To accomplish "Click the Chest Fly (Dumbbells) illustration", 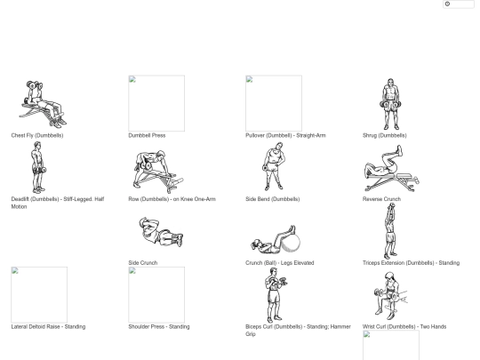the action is pyautogui.click(x=43, y=104).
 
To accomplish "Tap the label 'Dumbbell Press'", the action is pyautogui.click(x=147, y=135).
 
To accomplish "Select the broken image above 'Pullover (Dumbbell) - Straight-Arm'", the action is pyautogui.click(x=274, y=103).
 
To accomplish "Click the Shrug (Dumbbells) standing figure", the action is pyautogui.click(x=390, y=104).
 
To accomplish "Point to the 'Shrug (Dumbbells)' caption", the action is pyautogui.click(x=385, y=135).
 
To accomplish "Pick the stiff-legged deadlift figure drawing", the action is pyautogui.click(x=38, y=167).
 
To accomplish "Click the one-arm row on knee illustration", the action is pyautogui.click(x=158, y=172).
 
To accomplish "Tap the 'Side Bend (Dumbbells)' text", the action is pyautogui.click(x=273, y=199).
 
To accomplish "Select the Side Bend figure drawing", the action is pyautogui.click(x=273, y=166).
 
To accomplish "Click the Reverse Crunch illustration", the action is pyautogui.click(x=391, y=168).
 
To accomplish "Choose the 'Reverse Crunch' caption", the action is pyautogui.click(x=381, y=199).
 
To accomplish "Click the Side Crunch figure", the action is pyautogui.click(x=161, y=232).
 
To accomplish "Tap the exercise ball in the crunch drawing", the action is pyautogui.click(x=291, y=242).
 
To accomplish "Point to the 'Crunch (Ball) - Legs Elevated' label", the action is pyautogui.click(x=280, y=262).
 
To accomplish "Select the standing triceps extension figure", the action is pyautogui.click(x=390, y=231).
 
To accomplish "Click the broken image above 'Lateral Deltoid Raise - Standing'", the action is pyautogui.click(x=39, y=295).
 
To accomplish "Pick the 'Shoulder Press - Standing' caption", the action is pyautogui.click(x=159, y=326).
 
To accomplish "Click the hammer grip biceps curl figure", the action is pyautogui.click(x=276, y=295).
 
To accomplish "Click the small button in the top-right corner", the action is pyautogui.click(x=459, y=4).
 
